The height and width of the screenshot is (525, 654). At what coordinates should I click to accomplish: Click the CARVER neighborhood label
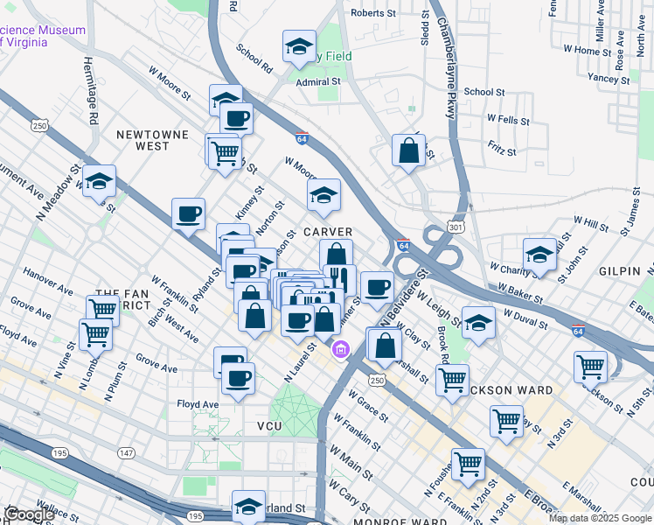[x=327, y=232]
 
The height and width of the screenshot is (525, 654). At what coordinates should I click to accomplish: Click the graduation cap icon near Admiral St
[x=299, y=48]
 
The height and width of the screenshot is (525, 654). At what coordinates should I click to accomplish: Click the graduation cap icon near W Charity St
[x=540, y=255]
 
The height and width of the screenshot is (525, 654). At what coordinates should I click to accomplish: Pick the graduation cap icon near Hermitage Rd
[x=100, y=182]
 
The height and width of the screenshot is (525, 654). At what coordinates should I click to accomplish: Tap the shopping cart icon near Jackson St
[x=591, y=367]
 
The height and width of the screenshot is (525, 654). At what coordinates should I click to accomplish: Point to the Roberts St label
[x=373, y=13]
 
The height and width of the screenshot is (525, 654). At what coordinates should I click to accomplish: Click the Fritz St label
[x=502, y=150]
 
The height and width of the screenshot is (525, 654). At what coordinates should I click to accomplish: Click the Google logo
[x=30, y=514]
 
